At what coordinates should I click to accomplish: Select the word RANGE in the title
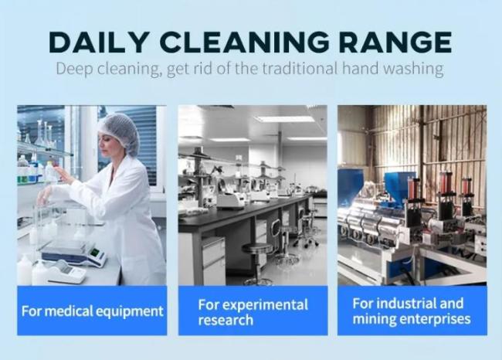(x=395, y=42)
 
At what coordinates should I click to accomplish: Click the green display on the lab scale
(x=93, y=252)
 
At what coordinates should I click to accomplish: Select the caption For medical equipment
(x=92, y=311)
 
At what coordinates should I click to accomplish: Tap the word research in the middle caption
(x=226, y=320)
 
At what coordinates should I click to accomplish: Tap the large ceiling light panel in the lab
(x=284, y=119)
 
